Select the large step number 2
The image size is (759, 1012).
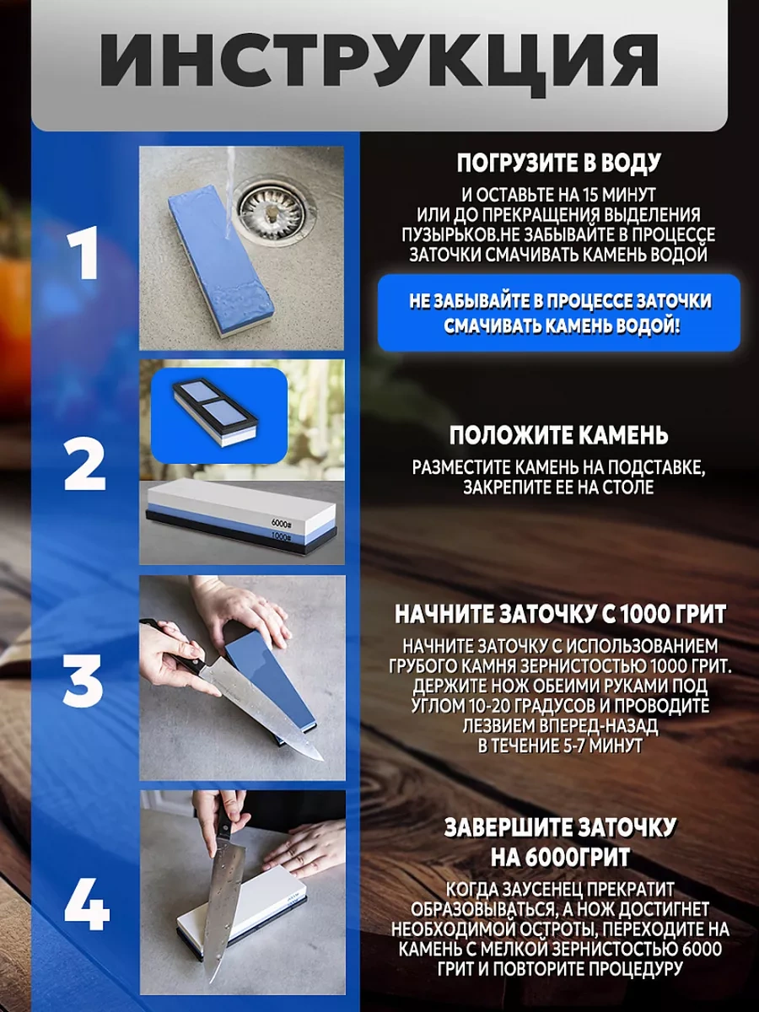[x=84, y=465]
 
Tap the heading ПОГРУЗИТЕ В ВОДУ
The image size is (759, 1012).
[x=558, y=164]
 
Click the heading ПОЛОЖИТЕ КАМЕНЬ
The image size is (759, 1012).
[x=558, y=436]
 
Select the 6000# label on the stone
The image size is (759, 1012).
[x=281, y=523]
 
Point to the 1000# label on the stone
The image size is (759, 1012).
[x=281, y=536]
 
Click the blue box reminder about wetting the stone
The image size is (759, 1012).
[x=559, y=313]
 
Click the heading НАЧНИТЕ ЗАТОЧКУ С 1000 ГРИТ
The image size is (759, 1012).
[x=560, y=614]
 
